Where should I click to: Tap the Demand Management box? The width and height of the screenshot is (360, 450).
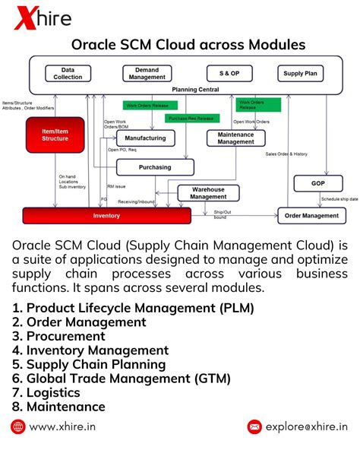pos(147,74)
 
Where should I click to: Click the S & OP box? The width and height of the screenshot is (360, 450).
pos(229,74)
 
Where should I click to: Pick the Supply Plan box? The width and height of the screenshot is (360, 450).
pos(300,74)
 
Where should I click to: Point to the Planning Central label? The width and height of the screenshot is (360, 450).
pos(195,90)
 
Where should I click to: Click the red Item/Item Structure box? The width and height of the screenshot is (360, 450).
pos(54,135)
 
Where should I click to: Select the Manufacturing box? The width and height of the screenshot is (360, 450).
pos(145,139)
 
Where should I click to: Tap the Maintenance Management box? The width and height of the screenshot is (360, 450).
pos(235,138)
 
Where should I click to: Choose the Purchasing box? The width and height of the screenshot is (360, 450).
pos(155,167)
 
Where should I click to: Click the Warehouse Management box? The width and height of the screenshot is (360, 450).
pos(208,193)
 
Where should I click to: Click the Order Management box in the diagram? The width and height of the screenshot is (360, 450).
pos(311,215)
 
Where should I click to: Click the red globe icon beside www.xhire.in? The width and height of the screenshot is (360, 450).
pos(18,426)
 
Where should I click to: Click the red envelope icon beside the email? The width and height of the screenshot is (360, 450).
pos(254,426)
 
